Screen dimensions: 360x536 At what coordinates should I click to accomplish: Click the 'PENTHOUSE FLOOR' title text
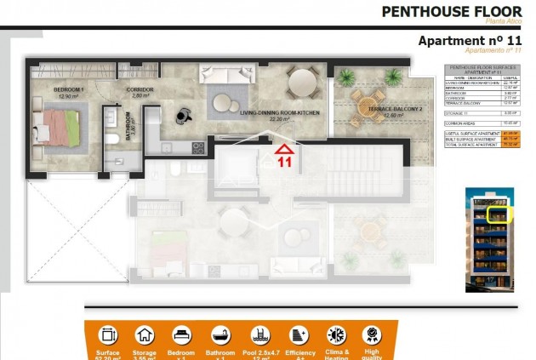(x=451, y=12)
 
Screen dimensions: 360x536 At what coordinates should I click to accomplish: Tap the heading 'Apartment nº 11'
(x=470, y=40)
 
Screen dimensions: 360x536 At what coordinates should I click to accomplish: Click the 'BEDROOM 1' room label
(x=67, y=90)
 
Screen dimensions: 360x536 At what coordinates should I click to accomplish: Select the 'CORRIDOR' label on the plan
(x=140, y=90)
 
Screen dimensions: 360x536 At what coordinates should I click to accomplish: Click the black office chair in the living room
(x=183, y=113)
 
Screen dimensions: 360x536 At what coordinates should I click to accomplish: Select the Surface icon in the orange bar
(x=108, y=334)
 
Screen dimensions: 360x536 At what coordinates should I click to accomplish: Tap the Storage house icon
(x=145, y=334)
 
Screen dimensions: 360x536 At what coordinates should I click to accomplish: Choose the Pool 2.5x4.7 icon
(x=259, y=334)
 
